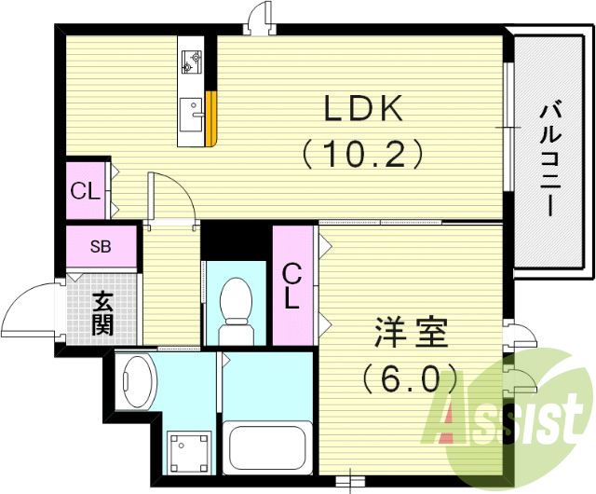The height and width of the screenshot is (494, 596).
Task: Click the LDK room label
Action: pyautogui.click(x=363, y=109)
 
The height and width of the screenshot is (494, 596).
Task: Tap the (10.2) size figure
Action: pyautogui.click(x=363, y=152)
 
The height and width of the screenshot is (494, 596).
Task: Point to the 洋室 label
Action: pyautogui.click(x=412, y=333)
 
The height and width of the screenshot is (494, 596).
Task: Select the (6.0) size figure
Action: pyautogui.click(x=411, y=377)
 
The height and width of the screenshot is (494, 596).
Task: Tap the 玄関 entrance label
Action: pyautogui.click(x=102, y=313)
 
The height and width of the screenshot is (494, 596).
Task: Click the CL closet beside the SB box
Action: pyautogui.click(x=86, y=191)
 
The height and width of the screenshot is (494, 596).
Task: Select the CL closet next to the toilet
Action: pyautogui.click(x=292, y=286)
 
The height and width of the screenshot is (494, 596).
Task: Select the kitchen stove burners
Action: pyautogui.click(x=193, y=60)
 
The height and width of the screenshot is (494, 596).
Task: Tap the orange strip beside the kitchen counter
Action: pyautogui.click(x=213, y=118)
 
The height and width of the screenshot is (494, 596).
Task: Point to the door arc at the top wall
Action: pyautogui.click(x=259, y=18)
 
